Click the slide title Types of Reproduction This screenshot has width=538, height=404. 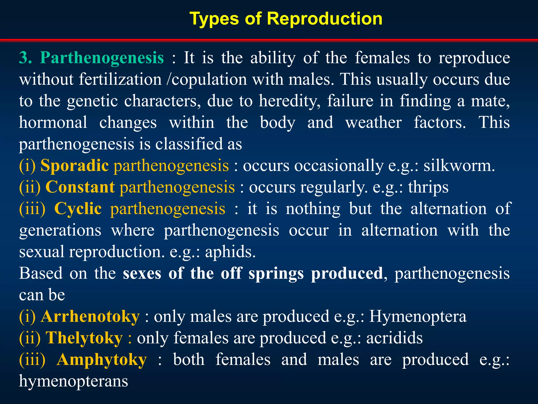pyautogui.click(x=286, y=19)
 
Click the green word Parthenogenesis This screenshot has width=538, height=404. pyautogui.click(x=102, y=58)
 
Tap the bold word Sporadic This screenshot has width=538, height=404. pyautogui.click(x=75, y=166)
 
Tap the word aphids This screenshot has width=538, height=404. pyautogui.click(x=230, y=252)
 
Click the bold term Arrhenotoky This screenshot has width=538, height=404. pyautogui.click(x=90, y=316)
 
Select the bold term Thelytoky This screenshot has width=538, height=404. pyautogui.click(x=84, y=338)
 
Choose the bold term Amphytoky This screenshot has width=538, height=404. pyautogui.click(x=102, y=360)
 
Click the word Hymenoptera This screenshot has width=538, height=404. pyautogui.click(x=418, y=316)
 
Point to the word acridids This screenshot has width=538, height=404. pyautogui.click(x=395, y=338)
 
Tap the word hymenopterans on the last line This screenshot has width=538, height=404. pyautogui.click(x=74, y=381)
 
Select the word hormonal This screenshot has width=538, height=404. pyautogui.click(x=53, y=122)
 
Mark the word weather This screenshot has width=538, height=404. pyautogui.click(x=373, y=122)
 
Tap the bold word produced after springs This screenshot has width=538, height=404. pyautogui.click(x=347, y=273)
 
